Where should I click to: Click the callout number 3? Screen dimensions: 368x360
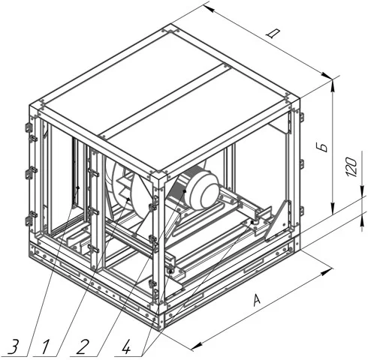(x=14, y=346)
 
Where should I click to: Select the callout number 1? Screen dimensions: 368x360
(x=46, y=346)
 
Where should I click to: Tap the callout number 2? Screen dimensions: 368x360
(x=83, y=346)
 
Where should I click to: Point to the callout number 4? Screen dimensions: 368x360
(x=126, y=346)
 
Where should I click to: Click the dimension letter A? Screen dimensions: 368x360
(x=256, y=300)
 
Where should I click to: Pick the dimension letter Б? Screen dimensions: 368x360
(x=324, y=147)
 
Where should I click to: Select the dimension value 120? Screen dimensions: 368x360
(x=351, y=166)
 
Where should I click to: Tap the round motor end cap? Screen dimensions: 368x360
(x=204, y=193)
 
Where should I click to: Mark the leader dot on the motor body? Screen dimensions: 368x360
(x=185, y=191)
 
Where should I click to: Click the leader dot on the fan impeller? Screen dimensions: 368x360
(x=128, y=199)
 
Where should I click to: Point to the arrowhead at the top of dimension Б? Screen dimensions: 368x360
(x=333, y=85)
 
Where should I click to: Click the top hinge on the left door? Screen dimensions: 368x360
(x=29, y=128)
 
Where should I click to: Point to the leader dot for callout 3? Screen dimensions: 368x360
(x=78, y=187)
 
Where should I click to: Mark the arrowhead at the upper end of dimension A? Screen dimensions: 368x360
(x=327, y=271)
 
